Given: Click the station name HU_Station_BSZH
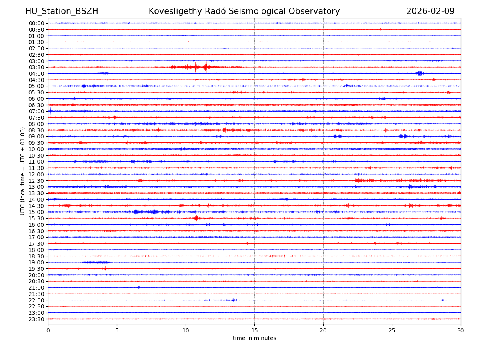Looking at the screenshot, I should [x=62, y=11].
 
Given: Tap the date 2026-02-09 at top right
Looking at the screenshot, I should [x=430, y=11].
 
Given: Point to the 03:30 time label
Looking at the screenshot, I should [x=36, y=67].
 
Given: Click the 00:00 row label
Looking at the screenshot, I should [x=36, y=23].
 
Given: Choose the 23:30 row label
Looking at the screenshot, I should [x=36, y=319].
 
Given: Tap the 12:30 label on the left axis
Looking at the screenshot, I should [x=36, y=181].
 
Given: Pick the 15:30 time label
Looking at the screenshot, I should [x=36, y=218].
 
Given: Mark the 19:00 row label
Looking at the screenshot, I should [x=36, y=262].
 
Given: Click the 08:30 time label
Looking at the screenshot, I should [x=36, y=130].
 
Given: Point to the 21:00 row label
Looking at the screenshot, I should [x=36, y=288].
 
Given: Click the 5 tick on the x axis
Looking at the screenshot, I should [x=117, y=331].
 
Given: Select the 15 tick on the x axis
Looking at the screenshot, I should [x=254, y=331].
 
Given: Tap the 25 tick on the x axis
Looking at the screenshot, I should [x=392, y=331].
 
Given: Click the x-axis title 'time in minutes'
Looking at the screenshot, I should [x=254, y=338].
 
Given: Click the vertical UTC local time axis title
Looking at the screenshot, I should [x=23, y=171].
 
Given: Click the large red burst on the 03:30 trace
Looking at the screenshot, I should [x=206, y=67].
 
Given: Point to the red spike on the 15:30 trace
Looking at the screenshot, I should [x=196, y=218].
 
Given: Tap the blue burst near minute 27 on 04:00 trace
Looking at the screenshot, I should [x=419, y=73].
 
